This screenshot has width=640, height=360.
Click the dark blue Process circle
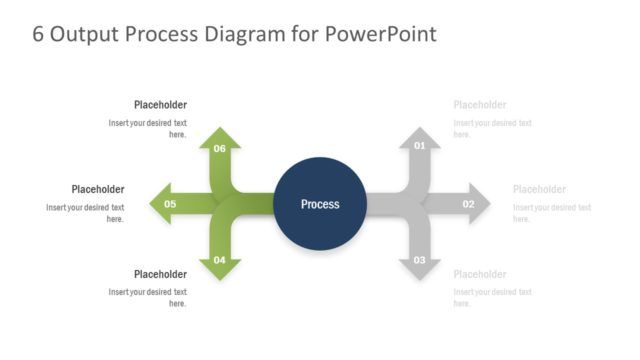click(x=320, y=204)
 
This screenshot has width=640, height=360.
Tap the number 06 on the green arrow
click(x=220, y=148)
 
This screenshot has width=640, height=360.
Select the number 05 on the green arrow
click(x=170, y=204)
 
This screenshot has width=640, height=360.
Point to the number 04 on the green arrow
click(x=220, y=261)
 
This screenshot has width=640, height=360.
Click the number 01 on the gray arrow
click(x=420, y=146)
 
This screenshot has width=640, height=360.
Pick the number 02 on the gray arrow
click(x=468, y=204)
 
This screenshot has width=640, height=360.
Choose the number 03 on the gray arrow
click(x=420, y=261)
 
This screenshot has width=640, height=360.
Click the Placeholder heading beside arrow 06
click(x=160, y=105)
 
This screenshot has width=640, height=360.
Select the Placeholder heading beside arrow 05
click(x=98, y=189)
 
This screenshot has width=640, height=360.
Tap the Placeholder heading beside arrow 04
click(x=160, y=274)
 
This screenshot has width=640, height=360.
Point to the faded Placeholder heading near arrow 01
click(x=480, y=105)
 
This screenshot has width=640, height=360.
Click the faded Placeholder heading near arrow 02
click(x=539, y=189)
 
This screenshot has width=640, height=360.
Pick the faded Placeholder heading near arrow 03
click(x=480, y=274)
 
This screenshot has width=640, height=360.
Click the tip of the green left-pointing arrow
click(x=151, y=204)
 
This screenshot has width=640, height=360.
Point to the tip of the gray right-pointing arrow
click(x=490, y=204)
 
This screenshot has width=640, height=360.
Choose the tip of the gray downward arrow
click(x=420, y=279)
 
